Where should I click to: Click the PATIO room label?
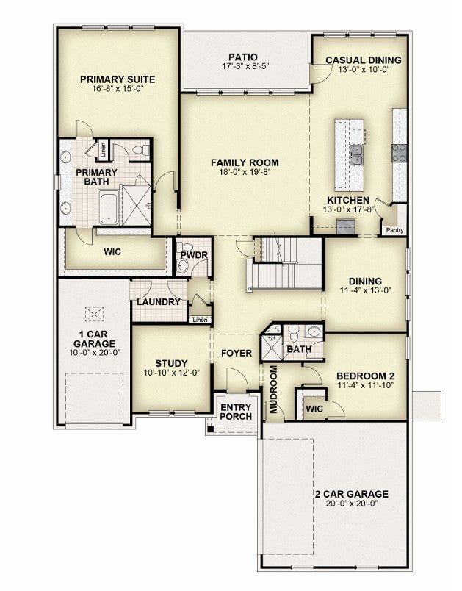pyautogui.click(x=243, y=57)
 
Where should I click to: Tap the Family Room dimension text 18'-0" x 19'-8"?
pyautogui.click(x=245, y=172)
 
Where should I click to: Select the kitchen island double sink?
pyautogui.click(x=356, y=155)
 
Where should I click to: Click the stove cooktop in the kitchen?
pyautogui.click(x=400, y=154)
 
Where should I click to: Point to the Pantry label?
pyautogui.click(x=394, y=230)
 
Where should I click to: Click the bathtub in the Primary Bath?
pyautogui.click(x=109, y=207)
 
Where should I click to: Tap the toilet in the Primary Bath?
pyautogui.click(x=141, y=150)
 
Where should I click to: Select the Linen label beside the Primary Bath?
pyautogui.click(x=104, y=150)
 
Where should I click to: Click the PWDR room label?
pyautogui.click(x=194, y=255)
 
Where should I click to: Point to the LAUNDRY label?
pyautogui.click(x=159, y=302)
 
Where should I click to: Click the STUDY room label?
pyautogui.click(x=171, y=363)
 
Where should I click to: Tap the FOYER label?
pyautogui.click(x=237, y=353)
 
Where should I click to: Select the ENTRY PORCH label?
pyautogui.click(x=236, y=412)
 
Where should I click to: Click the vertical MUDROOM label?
pyautogui.click(x=274, y=390)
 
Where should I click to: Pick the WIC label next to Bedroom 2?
pyautogui.click(x=314, y=409)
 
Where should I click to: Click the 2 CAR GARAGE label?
pyautogui.click(x=352, y=494)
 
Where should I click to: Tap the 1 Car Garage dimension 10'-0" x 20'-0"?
pyautogui.click(x=95, y=353)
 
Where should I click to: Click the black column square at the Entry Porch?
pyautogui.click(x=212, y=429)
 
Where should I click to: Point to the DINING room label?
pyautogui.click(x=365, y=282)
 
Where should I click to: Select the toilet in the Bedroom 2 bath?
pyautogui.click(x=293, y=334)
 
